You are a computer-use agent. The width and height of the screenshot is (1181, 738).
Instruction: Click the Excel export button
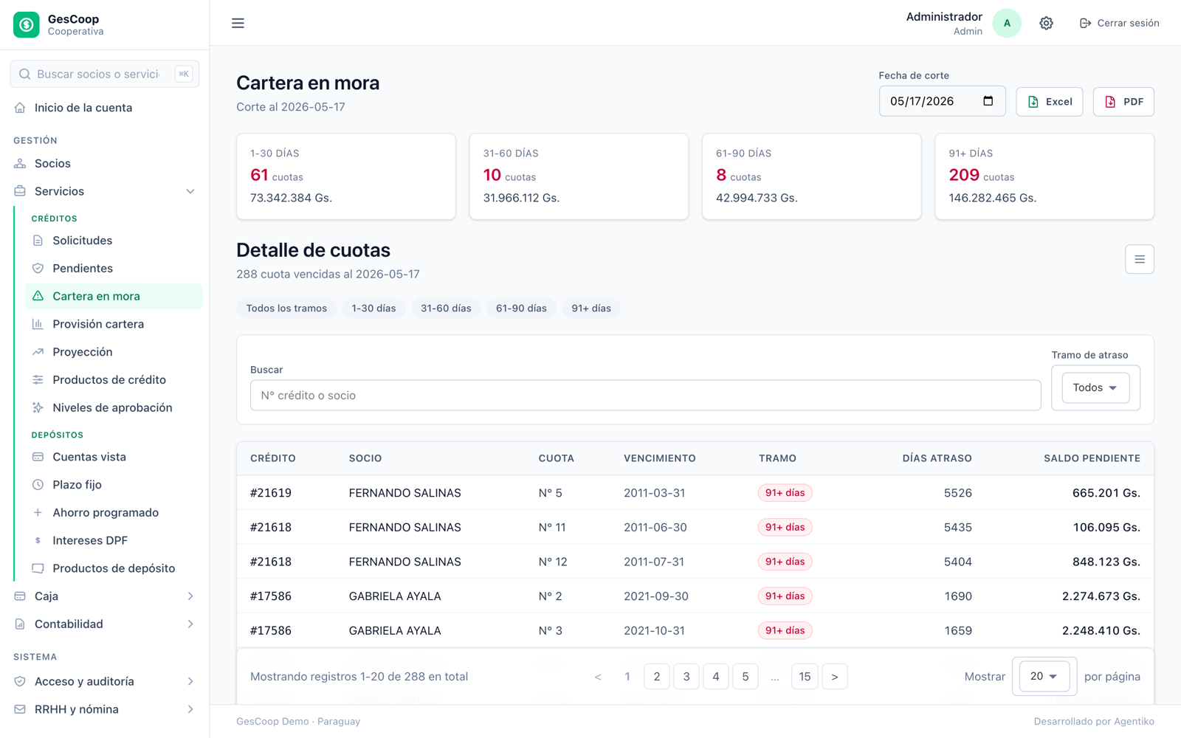click(1049, 102)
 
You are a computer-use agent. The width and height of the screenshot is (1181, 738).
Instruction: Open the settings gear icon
click(1046, 23)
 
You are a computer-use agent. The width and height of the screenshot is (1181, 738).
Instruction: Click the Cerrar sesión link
click(1119, 23)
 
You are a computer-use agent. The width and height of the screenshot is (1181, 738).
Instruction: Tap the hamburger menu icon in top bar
click(238, 23)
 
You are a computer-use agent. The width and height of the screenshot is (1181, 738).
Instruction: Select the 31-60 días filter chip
click(446, 308)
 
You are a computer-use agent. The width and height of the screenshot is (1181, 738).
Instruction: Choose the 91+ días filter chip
click(591, 308)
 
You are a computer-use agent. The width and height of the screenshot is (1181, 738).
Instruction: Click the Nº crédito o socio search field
click(645, 396)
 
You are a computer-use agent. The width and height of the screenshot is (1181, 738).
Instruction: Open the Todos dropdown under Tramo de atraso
click(1095, 387)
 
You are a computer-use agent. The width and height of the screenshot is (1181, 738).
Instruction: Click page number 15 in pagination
click(805, 676)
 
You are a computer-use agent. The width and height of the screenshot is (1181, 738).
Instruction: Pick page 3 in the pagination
click(686, 676)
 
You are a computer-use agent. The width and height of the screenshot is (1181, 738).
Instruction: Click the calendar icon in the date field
click(988, 101)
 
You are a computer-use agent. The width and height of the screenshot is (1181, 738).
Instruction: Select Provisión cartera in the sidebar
click(98, 324)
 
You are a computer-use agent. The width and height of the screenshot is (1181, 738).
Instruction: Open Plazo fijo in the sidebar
click(77, 485)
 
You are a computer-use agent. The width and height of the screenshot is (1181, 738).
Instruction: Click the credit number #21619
click(271, 493)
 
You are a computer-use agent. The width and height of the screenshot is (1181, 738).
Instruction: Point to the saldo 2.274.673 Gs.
click(1101, 596)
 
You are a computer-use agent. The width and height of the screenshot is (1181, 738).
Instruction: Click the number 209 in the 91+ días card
click(964, 175)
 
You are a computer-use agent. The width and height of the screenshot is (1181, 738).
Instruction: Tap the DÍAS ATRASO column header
click(937, 458)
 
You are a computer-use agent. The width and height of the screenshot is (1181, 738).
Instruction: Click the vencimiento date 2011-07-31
click(654, 562)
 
